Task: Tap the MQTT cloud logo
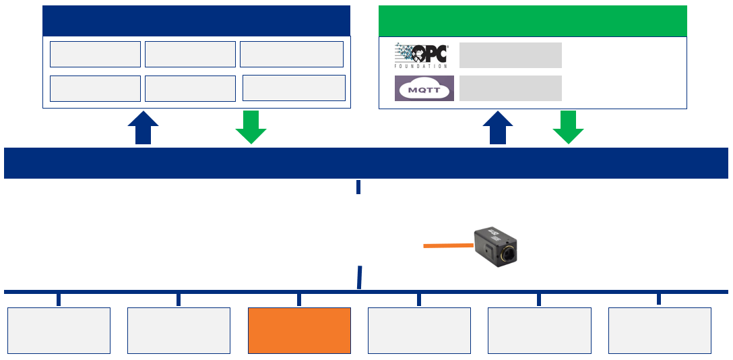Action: pos(424,88)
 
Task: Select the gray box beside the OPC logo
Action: pos(510,55)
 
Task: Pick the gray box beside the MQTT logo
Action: pos(510,88)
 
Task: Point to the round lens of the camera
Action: pos(509,256)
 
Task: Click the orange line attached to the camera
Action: pos(448,245)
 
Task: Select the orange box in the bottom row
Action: pos(299,330)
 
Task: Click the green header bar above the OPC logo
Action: pos(532,20)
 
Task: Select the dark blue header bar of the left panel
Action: pos(196,20)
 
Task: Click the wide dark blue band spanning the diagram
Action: pos(366,163)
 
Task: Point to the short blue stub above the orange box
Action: pos(299,299)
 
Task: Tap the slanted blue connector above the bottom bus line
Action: pos(360,277)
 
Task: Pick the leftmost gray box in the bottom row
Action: pos(59,330)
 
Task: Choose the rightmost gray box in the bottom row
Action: pos(660,330)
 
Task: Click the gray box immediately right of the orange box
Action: pos(419,330)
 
